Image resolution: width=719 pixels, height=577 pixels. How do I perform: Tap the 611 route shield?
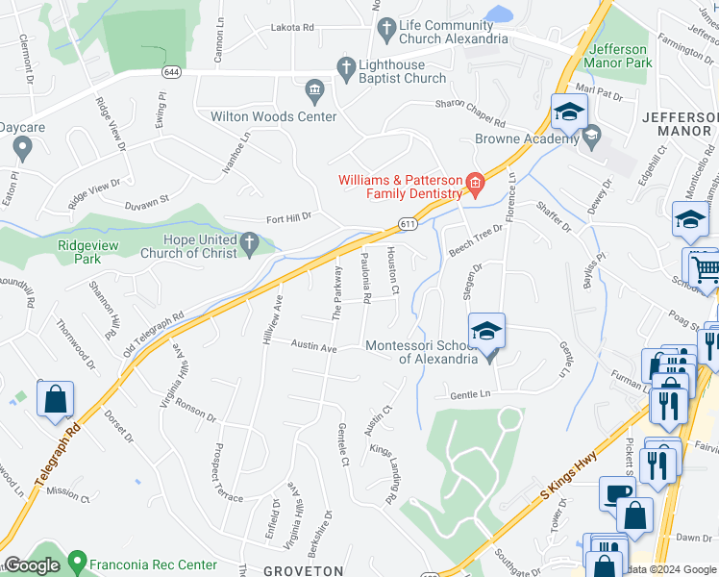(x=408, y=223)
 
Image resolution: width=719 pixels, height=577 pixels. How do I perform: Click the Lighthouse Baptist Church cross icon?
(x=346, y=66)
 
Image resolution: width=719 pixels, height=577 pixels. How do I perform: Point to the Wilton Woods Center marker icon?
(x=314, y=92)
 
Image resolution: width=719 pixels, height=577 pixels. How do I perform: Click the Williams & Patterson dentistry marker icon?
(x=474, y=182)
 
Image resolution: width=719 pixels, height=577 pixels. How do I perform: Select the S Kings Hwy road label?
(x=569, y=478)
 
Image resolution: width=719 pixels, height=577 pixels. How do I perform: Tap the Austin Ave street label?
(x=314, y=345)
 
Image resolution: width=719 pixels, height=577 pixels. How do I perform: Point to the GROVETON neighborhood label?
(x=304, y=570)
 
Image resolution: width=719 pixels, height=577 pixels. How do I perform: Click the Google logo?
(x=32, y=565)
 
